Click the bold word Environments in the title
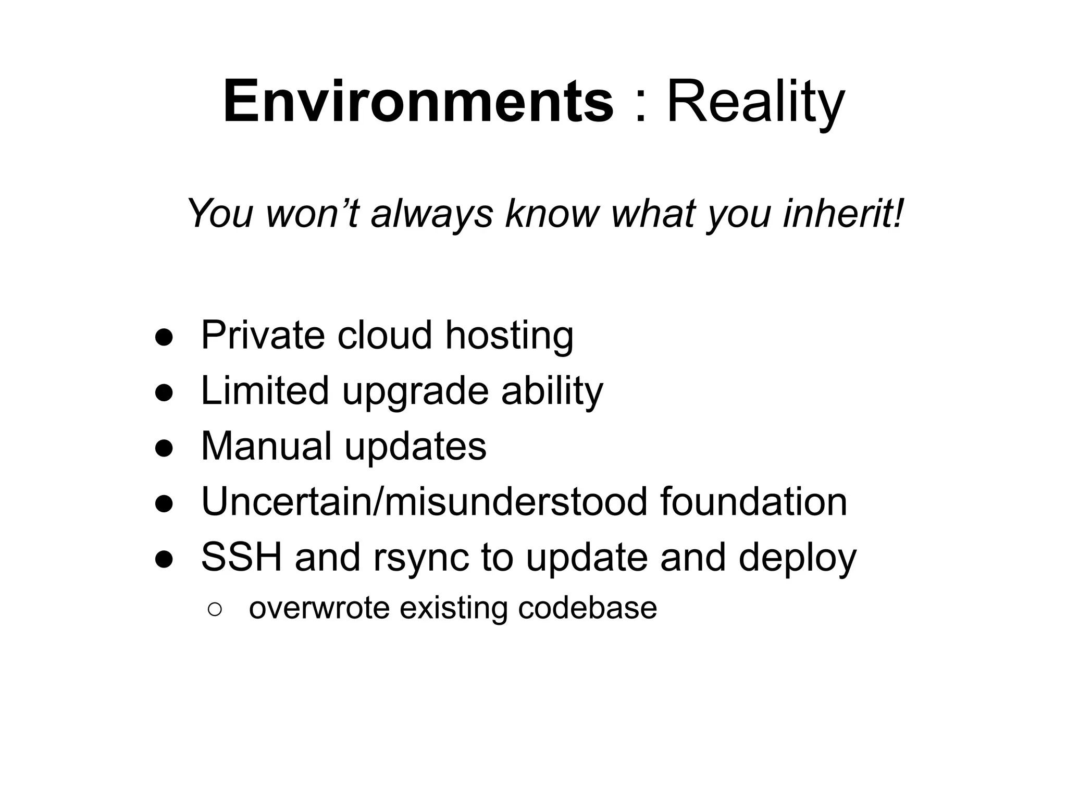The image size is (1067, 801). pyautogui.click(x=418, y=102)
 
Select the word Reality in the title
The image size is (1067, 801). pyautogui.click(x=755, y=103)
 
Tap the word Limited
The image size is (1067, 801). pyautogui.click(x=265, y=391)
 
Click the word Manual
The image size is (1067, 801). pyautogui.click(x=266, y=446)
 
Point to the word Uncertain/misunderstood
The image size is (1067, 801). pyautogui.click(x=424, y=502)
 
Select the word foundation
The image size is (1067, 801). pyautogui.click(x=753, y=502)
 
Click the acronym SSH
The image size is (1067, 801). pyautogui.click(x=242, y=557)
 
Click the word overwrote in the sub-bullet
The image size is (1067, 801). pyautogui.click(x=319, y=608)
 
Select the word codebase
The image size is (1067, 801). pyautogui.click(x=587, y=608)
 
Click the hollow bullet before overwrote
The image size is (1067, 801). pyautogui.click(x=215, y=609)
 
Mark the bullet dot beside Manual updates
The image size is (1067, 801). pyautogui.click(x=164, y=448)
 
